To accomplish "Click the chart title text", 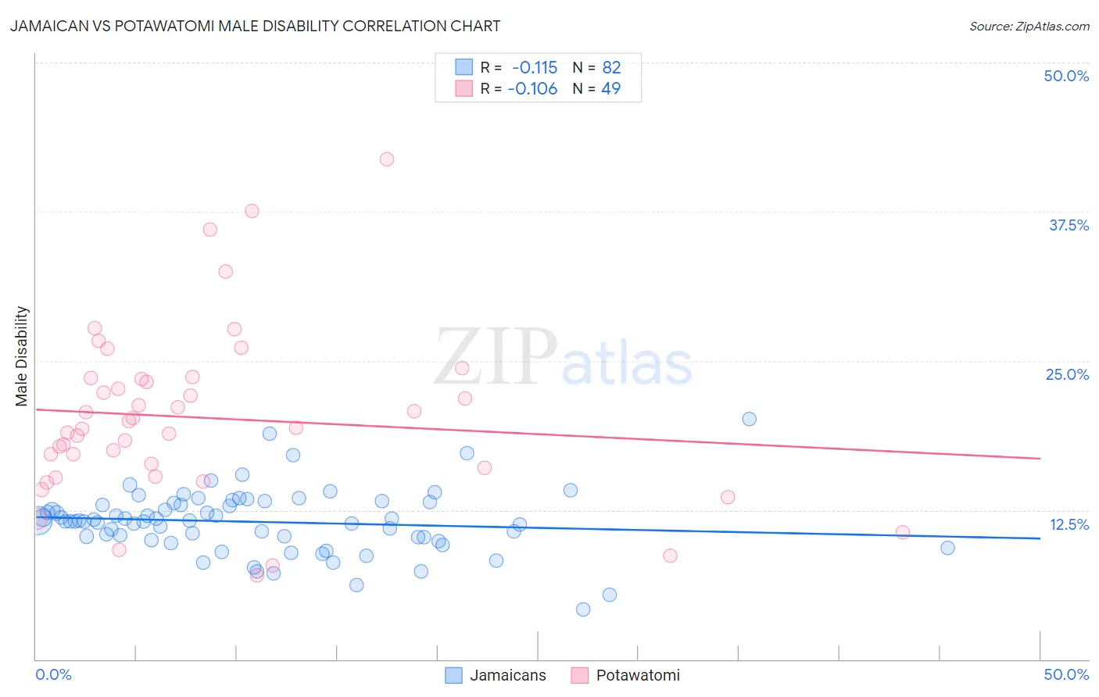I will click(x=255, y=26).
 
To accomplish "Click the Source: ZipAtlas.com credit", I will click(x=1029, y=27).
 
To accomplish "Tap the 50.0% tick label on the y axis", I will click(x=1066, y=76).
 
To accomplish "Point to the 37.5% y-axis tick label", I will click(x=1069, y=225).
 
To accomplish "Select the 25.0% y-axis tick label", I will click(x=1067, y=374).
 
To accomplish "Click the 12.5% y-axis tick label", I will click(x=1069, y=524).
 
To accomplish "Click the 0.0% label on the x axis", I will click(x=53, y=674).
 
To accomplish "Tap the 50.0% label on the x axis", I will click(x=1066, y=674).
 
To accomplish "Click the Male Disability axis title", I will click(x=22, y=356).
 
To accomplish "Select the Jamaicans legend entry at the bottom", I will click(x=507, y=675).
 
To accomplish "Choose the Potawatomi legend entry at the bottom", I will click(x=637, y=675).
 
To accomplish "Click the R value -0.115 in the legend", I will click(x=535, y=68).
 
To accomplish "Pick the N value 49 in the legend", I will click(x=610, y=89).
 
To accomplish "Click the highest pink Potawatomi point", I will click(x=387, y=159).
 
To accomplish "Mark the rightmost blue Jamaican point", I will click(x=947, y=548).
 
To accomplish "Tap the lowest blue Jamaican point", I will click(x=583, y=609).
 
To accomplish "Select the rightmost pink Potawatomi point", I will click(x=903, y=532).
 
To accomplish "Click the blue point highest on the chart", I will click(x=749, y=419).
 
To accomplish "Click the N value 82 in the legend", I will click(x=611, y=68).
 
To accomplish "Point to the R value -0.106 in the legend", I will click(x=532, y=89).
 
